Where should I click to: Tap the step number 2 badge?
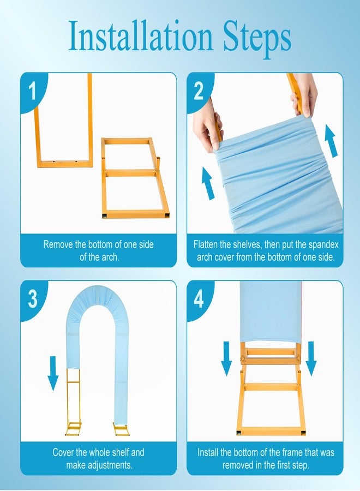point(199,91)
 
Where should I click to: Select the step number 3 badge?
point(33,299)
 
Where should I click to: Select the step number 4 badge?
point(199,299)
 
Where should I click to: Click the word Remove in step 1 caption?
point(58,244)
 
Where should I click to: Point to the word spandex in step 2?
point(323,244)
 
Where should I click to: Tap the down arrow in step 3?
point(53,373)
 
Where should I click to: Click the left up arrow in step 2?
point(208,183)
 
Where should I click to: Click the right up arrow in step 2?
point(332,141)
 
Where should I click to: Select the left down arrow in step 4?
point(226,358)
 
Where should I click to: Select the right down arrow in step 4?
point(311,358)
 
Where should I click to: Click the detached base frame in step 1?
point(135,177)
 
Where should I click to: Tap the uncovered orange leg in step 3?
point(74,402)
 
